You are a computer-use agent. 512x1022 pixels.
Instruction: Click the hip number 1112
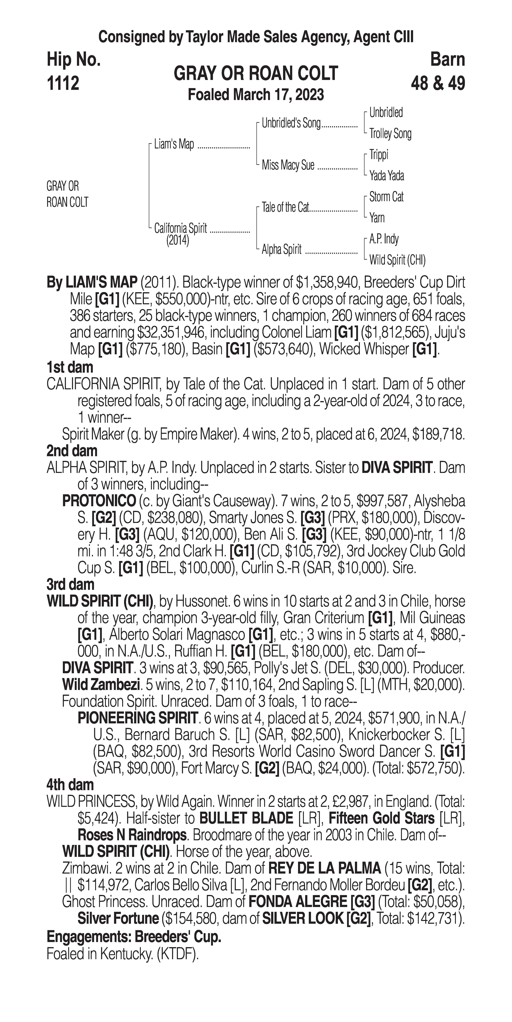pos(63,83)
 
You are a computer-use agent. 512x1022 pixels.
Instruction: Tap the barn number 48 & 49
pos(438,83)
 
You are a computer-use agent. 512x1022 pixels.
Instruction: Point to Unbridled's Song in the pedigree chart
pos(291,123)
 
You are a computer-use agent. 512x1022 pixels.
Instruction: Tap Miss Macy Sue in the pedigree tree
pos(288,165)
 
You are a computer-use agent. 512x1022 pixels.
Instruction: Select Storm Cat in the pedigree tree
pos(386,197)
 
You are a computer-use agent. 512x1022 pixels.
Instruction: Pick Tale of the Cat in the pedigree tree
pos(285,207)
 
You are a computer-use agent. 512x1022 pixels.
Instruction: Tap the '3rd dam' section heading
pos(71,584)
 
